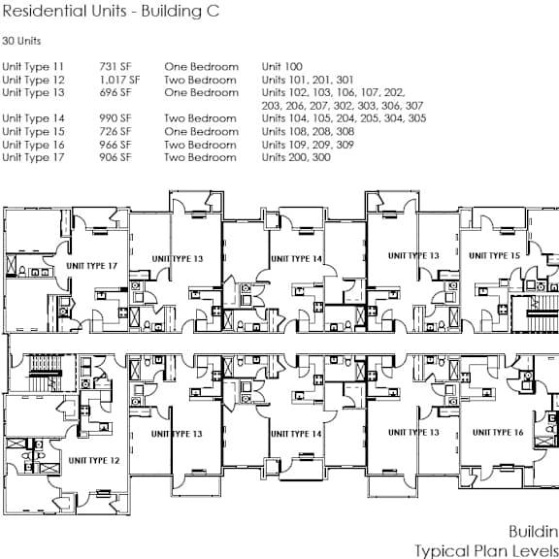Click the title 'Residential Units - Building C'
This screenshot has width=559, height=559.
[x=111, y=11]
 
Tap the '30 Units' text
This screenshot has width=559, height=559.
[x=21, y=41]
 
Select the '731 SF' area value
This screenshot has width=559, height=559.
[x=115, y=67]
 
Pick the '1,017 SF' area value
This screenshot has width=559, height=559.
[x=119, y=80]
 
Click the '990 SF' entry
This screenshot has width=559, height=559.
[x=115, y=118]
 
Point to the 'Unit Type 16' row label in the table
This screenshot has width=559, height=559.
[x=33, y=145]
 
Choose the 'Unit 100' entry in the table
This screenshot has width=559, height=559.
[x=282, y=67]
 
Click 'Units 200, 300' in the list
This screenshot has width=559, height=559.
[x=296, y=157]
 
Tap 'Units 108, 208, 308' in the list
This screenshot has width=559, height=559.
[x=308, y=132]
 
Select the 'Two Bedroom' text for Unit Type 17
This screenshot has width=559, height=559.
[x=200, y=157]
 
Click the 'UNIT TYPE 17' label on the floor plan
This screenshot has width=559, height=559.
[x=91, y=266]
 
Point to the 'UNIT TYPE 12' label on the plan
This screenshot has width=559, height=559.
[x=94, y=461]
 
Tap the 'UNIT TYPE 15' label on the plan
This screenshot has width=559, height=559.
[x=495, y=255]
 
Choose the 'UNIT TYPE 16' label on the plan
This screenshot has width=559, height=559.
[x=498, y=433]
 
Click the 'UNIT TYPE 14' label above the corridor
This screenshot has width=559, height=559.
[x=297, y=259]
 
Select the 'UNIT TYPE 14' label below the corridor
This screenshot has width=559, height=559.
[x=296, y=434]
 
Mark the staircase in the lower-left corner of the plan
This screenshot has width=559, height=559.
[x=43, y=373]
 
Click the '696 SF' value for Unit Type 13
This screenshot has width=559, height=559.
[x=115, y=93]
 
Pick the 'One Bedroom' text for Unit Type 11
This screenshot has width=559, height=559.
[x=202, y=67]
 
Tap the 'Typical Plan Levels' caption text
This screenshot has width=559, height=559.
[x=486, y=551]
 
